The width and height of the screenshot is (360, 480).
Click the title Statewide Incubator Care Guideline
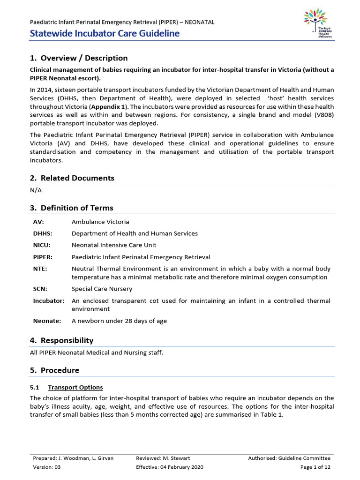105,33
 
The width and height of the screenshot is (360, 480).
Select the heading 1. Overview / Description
79,58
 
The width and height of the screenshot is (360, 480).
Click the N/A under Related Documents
36,190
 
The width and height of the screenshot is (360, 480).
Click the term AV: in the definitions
38,222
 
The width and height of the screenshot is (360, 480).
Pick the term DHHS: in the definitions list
43,233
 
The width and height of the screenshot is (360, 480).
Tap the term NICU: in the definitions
42,245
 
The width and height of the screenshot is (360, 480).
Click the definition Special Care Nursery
102,289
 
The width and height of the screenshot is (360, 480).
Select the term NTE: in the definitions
40,269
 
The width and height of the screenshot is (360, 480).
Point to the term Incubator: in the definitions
48,301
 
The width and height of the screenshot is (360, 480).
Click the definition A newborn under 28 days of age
119,321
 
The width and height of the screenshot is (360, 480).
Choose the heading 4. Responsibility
61,340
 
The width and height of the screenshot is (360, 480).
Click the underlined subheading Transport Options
75,388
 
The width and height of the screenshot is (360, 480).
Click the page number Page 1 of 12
315,467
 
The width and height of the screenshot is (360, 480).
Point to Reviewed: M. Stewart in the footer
163,458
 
